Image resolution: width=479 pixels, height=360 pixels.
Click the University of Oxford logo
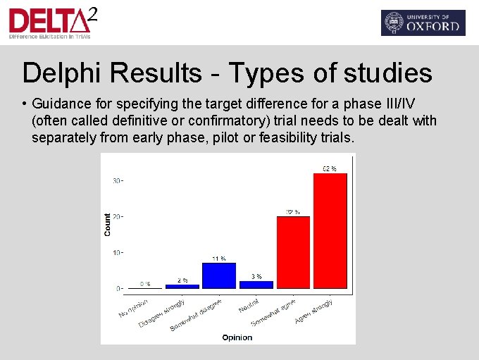[423, 23]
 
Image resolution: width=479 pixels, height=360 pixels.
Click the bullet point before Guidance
[25, 103]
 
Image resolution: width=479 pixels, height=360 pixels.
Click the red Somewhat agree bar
[293, 252]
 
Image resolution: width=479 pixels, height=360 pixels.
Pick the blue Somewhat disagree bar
[219, 275]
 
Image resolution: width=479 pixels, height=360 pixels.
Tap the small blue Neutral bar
[256, 285]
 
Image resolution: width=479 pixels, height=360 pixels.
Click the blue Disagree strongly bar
[182, 286]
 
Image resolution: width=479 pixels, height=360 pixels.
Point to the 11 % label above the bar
[219, 258]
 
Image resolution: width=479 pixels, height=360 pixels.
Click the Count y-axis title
[108, 224]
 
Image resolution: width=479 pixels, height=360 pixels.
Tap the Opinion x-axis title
[237, 337]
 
